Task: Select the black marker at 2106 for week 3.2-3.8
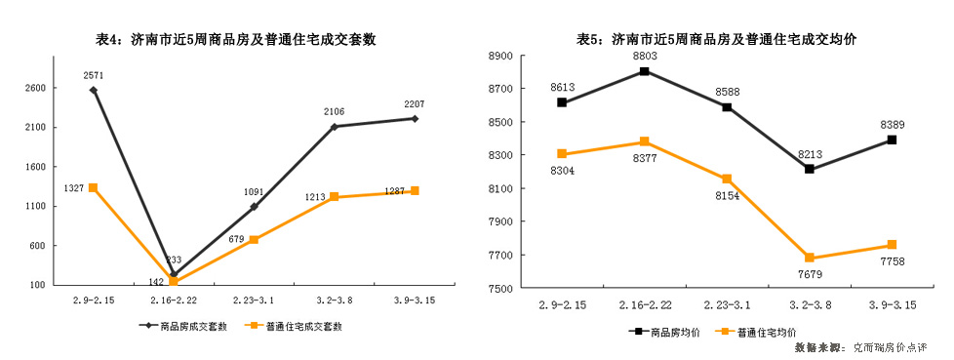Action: pyautogui.click(x=334, y=127)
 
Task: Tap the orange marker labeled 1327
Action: pyautogui.click(x=93, y=187)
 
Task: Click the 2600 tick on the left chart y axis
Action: pyautogui.click(x=35, y=88)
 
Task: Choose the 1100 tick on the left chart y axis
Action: pyautogui.click(x=35, y=206)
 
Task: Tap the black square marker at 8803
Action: pyautogui.click(x=644, y=71)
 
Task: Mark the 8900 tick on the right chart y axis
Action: pyautogui.click(x=499, y=56)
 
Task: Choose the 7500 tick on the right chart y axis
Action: pyautogui.click(x=499, y=289)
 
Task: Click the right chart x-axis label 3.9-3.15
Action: pyautogui.click(x=892, y=305)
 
